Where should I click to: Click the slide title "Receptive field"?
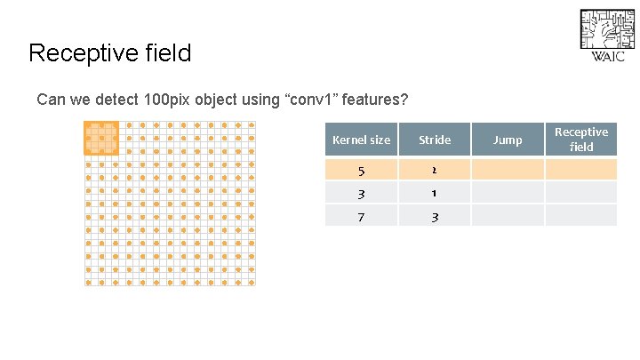(x=109, y=53)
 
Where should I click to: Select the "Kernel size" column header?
(x=361, y=140)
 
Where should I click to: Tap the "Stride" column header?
(x=435, y=140)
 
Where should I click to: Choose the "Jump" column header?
(x=508, y=140)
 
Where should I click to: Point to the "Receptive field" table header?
(x=581, y=140)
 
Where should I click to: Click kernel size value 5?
(x=361, y=170)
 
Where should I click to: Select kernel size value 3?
(x=361, y=192)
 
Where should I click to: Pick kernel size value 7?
(x=361, y=215)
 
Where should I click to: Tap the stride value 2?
(x=435, y=170)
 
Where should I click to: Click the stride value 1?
(x=435, y=192)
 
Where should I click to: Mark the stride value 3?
(x=435, y=215)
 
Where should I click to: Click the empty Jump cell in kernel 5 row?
(x=508, y=170)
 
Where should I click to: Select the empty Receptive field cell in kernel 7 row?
(x=581, y=215)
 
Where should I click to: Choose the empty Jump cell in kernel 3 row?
(x=508, y=192)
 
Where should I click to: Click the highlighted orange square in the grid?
(x=101, y=138)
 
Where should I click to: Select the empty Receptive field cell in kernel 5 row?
(x=581, y=170)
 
